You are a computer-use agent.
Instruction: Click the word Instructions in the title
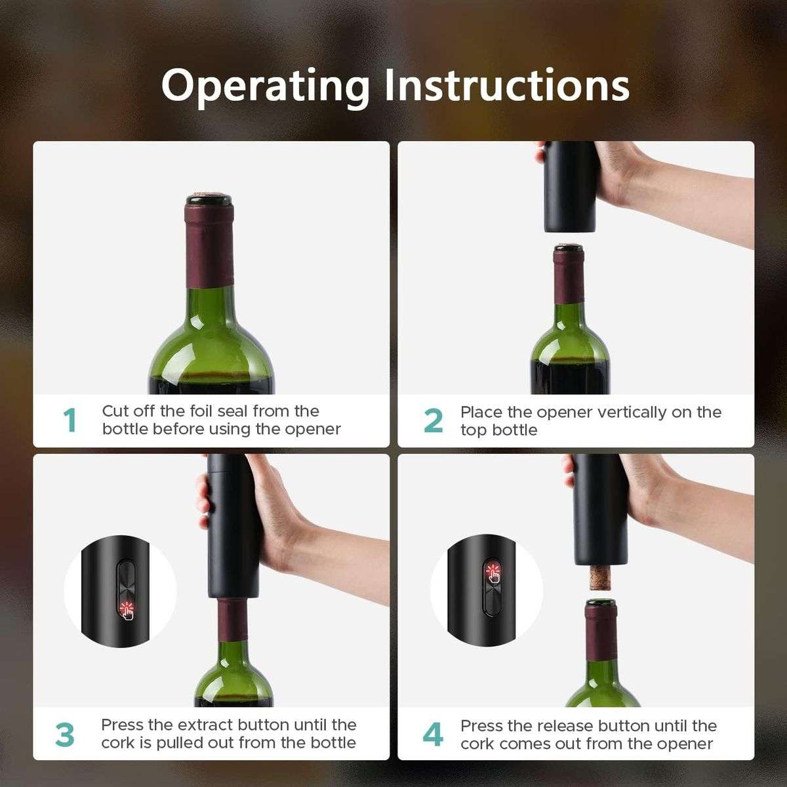click(506, 85)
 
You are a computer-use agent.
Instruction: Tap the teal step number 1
click(70, 420)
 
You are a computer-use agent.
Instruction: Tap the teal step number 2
click(434, 420)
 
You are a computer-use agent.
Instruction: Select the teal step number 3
click(65, 735)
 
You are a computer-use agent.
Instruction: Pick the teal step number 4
click(433, 735)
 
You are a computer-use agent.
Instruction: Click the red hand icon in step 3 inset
click(126, 611)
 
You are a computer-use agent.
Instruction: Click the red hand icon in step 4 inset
click(492, 572)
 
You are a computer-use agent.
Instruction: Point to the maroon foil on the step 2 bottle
click(569, 279)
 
